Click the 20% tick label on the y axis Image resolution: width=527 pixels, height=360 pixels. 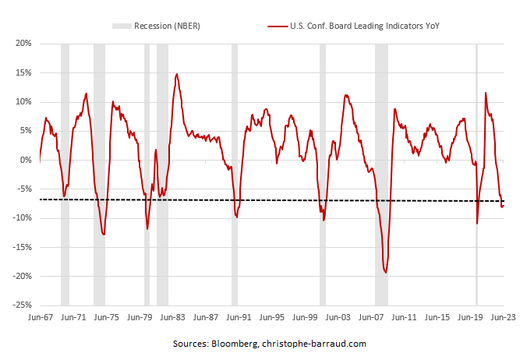[23, 44]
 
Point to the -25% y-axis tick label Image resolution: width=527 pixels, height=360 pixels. [21, 305]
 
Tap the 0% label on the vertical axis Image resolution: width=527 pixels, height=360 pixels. [25, 160]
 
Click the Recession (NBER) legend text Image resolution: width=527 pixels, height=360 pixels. [167, 26]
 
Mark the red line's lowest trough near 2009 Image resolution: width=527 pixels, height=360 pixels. [385, 272]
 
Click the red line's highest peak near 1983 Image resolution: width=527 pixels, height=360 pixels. [177, 75]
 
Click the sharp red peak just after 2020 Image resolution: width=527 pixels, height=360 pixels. [486, 93]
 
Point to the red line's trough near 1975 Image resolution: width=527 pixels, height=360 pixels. [104, 234]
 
